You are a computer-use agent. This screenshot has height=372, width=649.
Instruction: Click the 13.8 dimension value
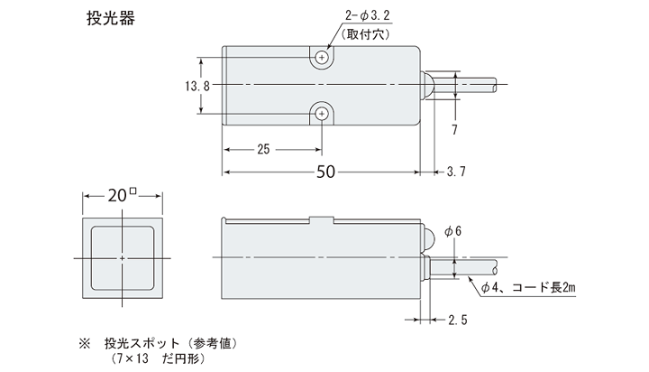(x=197, y=86)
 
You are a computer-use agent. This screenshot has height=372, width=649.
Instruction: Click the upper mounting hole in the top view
(x=323, y=58)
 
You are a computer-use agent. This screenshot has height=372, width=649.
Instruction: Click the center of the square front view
(x=122, y=257)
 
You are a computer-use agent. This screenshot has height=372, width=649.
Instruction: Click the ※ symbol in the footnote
(x=86, y=344)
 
